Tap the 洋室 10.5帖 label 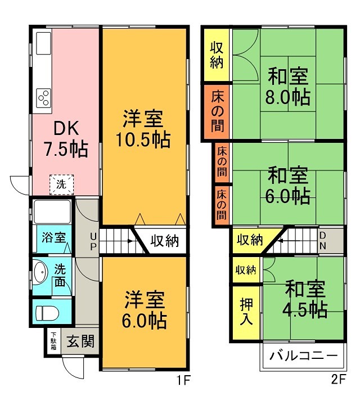point(144,129)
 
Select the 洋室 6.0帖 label point(145,309)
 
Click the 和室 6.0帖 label point(289,186)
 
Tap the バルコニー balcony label point(304,357)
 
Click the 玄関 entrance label point(80,341)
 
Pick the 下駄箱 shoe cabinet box point(53,340)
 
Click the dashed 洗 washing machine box point(60,183)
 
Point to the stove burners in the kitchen point(43,98)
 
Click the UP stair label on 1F point(92,241)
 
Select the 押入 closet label point(246,312)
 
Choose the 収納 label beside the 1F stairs point(164,241)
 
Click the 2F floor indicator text point(338,380)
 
